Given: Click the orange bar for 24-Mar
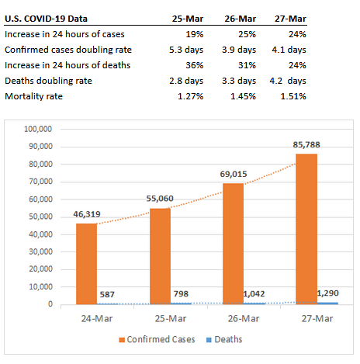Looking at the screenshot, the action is point(86,264).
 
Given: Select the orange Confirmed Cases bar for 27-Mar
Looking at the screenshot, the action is point(306,229).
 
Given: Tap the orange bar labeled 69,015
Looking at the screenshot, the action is point(234,244).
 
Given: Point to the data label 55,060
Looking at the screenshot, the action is point(160,199).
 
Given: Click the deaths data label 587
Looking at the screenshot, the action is point(107,294).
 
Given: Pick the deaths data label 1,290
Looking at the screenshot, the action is point(327,293).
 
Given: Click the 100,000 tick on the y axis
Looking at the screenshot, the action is point(38,129).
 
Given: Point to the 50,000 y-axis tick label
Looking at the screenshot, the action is point(40,217).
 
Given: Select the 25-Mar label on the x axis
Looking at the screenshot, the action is point(171,318).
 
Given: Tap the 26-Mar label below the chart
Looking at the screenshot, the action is point(244,318).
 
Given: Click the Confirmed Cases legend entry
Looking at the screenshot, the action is point(157,339).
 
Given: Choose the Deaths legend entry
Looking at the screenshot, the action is point(224,339).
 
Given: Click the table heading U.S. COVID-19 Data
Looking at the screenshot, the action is point(46,19).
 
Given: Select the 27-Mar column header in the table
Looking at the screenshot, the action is point(290,19).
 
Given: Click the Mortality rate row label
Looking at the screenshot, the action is point(33,96).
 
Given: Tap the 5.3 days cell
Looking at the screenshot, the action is point(186,50).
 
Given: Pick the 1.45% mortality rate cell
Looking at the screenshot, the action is point(243,96).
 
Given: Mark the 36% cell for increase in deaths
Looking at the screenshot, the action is point(195,65).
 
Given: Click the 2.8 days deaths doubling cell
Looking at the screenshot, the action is point(186,81).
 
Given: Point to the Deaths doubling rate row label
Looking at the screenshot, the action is point(48,81).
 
